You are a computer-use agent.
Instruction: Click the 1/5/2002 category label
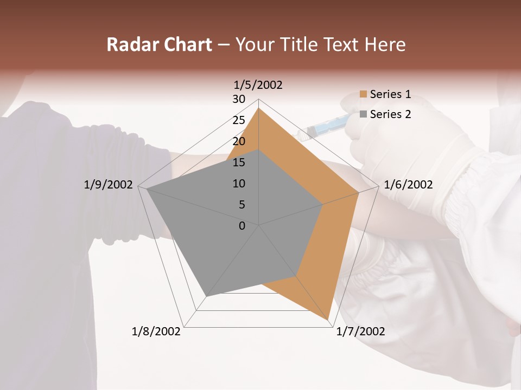(258, 85)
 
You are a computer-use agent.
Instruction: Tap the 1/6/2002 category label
(408, 185)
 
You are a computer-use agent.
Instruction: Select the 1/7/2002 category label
(360, 331)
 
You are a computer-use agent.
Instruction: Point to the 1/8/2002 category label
(156, 331)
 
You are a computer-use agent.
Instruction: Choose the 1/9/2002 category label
(109, 185)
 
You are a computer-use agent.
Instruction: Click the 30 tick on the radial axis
(239, 99)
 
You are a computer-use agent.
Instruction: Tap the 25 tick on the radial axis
(239, 120)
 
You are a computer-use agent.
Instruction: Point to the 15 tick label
(239, 162)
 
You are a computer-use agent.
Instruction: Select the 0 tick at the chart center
(242, 226)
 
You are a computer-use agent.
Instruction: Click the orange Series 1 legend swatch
(363, 95)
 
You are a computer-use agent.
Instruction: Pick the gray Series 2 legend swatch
(363, 114)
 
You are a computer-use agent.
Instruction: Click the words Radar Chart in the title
(159, 45)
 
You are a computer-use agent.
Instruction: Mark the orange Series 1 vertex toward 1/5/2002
(258, 108)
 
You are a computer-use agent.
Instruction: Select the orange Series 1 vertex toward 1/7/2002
(328, 320)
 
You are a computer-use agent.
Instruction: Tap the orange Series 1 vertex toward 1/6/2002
(359, 192)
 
